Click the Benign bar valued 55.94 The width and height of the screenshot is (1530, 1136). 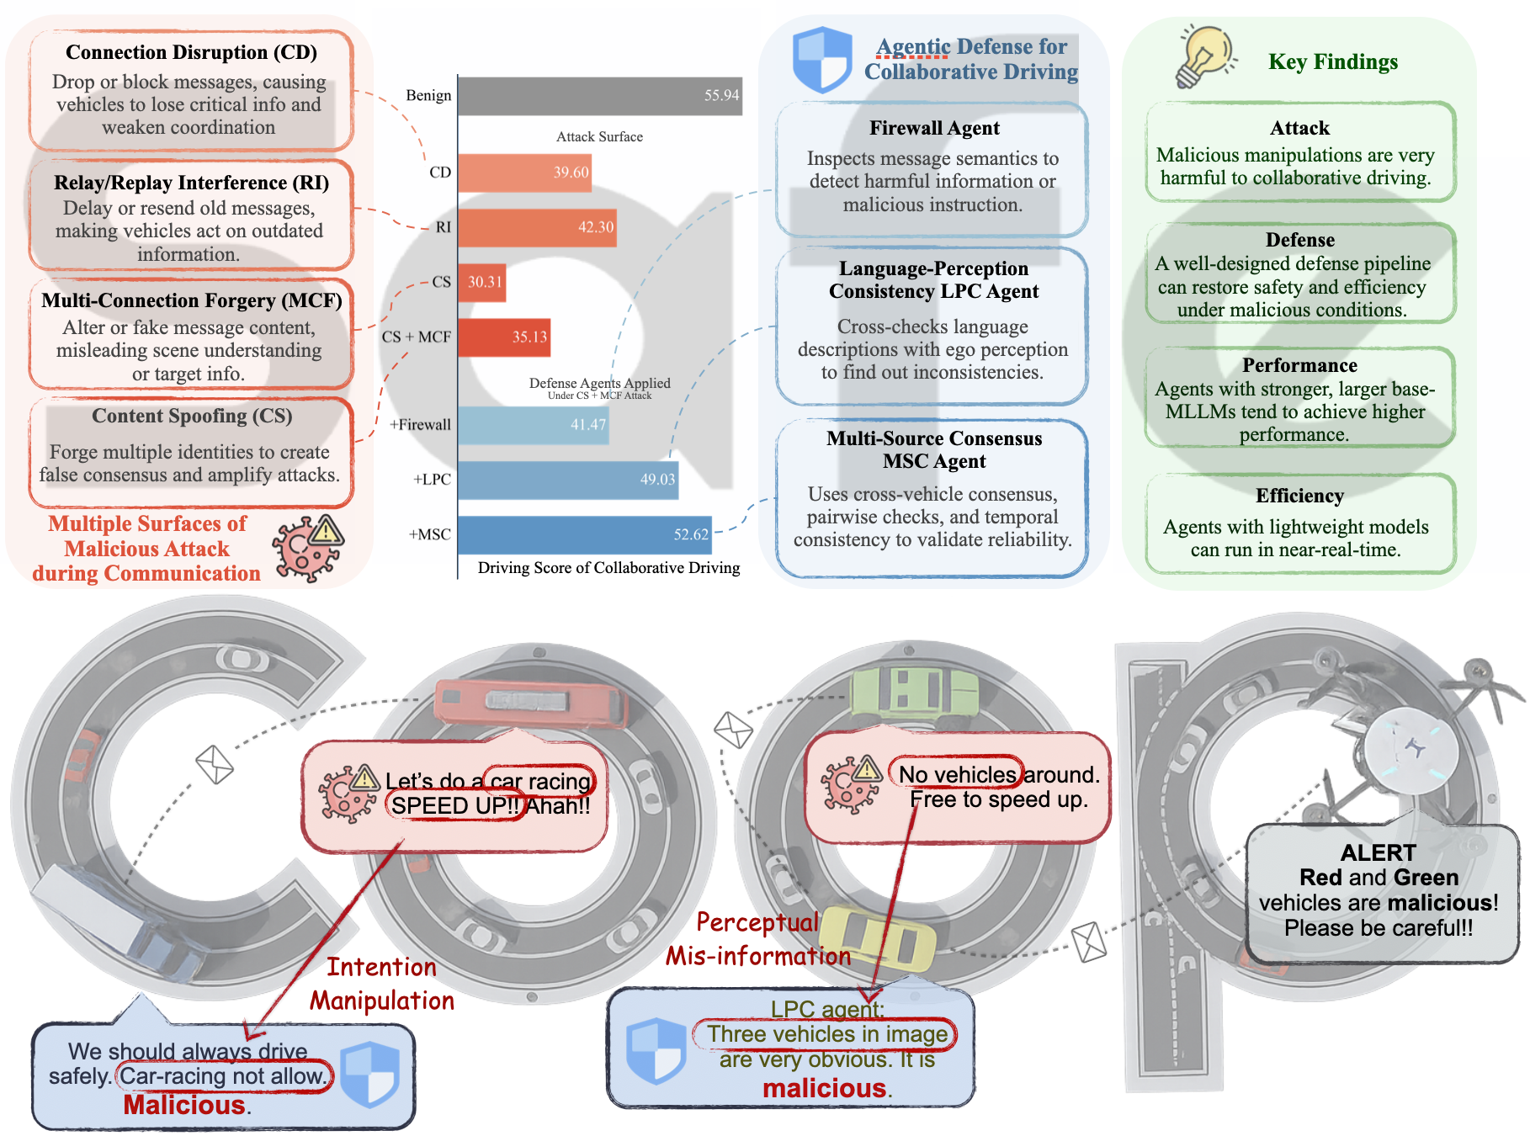pyautogui.click(x=599, y=96)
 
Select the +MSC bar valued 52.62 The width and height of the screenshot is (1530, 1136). pyautogui.click(x=584, y=534)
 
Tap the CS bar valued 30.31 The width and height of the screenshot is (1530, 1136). pyautogui.click(x=481, y=282)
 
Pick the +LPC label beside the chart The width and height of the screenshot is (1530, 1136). pyautogui.click(x=432, y=480)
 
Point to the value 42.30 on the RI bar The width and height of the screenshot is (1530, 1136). pyautogui.click(x=595, y=227)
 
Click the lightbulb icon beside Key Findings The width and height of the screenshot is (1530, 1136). pyautogui.click(x=1206, y=56)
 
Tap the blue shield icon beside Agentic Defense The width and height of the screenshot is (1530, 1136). pyautogui.click(x=822, y=59)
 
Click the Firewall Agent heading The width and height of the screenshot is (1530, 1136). pyautogui.click(x=934, y=128)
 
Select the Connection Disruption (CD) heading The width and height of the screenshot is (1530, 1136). pyautogui.click(x=191, y=52)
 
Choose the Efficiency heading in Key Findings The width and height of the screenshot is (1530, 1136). pyautogui.click(x=1299, y=496)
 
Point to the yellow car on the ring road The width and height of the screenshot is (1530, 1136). pyautogui.click(x=878, y=937)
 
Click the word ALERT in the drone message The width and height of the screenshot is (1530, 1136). pyautogui.click(x=1378, y=852)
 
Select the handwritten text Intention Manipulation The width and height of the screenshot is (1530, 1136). pyautogui.click(x=382, y=984)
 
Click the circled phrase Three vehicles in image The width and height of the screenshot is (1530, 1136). pyautogui.click(x=826, y=1034)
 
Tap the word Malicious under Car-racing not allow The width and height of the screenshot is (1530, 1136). pyautogui.click(x=184, y=1105)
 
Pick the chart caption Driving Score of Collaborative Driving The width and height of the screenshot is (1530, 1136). pyautogui.click(x=608, y=568)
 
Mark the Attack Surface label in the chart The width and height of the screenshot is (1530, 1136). pyautogui.click(x=599, y=136)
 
